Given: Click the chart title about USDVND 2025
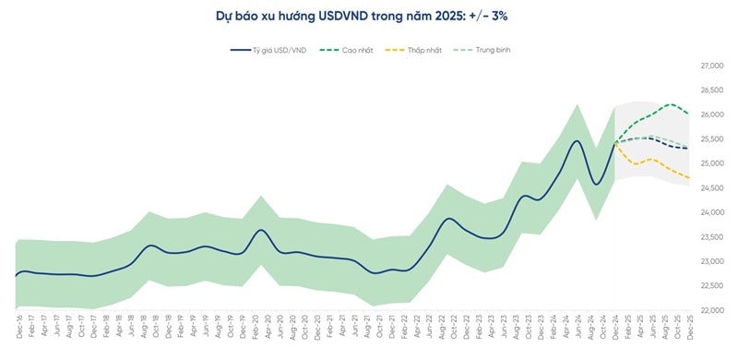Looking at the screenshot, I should pos(369,16).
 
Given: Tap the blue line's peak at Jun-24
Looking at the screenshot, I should pos(577,141).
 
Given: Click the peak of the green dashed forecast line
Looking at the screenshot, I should pos(670,104).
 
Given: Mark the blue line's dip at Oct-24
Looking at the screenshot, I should pos(596,185).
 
